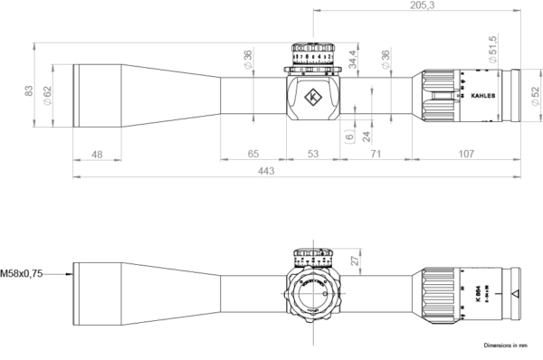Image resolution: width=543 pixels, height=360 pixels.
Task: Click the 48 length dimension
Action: pyautogui.click(x=97, y=155)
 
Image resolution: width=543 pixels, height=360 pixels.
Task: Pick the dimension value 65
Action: pyautogui.click(x=254, y=155)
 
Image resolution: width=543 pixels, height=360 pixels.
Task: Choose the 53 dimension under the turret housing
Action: pyautogui.click(x=312, y=155)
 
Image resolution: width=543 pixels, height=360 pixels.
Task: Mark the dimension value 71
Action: pyautogui.click(x=375, y=155)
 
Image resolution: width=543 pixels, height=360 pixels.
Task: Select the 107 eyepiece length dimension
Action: pyautogui.click(x=466, y=155)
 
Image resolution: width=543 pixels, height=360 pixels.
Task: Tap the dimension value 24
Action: pyautogui.click(x=366, y=136)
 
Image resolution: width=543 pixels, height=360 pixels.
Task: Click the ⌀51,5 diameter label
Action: pyautogui.click(x=492, y=48)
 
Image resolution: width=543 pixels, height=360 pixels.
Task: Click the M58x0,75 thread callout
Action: pyautogui.click(x=22, y=271)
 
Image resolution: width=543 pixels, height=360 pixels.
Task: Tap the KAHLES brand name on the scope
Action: pyautogui.click(x=483, y=92)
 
